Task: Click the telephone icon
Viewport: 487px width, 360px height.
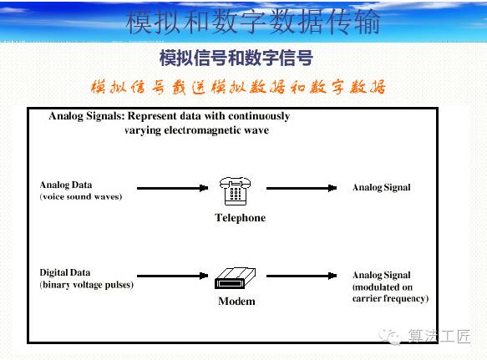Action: [x=235, y=191]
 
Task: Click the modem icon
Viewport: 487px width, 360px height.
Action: [x=235, y=278]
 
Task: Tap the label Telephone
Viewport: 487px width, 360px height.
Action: [x=240, y=218]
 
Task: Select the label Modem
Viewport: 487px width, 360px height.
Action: [x=236, y=302]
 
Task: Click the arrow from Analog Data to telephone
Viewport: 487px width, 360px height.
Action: [x=172, y=188]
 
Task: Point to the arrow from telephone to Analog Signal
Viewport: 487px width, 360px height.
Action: [x=302, y=188]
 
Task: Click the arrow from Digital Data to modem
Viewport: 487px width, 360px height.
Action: [x=172, y=276]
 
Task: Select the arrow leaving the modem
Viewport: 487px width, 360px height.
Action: [x=302, y=276]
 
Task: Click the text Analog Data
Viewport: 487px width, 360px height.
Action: [x=66, y=185]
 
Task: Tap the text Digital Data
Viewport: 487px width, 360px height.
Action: [x=65, y=272]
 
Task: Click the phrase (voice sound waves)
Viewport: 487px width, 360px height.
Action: [x=81, y=196]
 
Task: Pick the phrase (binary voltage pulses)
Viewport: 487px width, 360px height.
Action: [x=86, y=285]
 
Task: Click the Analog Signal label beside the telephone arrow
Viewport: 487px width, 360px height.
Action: [x=382, y=188]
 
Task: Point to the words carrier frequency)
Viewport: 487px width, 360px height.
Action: [x=390, y=298]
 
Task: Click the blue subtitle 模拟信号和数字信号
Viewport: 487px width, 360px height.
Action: [x=236, y=58]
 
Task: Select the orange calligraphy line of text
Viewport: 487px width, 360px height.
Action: [x=238, y=87]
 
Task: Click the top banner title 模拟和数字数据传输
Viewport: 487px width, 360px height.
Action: [x=253, y=22]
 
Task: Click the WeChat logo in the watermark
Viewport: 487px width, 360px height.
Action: [x=390, y=337]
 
